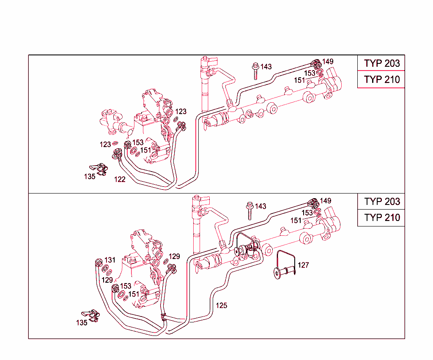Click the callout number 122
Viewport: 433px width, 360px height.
pos(120,180)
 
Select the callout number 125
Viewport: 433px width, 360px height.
pos(222,305)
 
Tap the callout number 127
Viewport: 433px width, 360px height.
pos(303,265)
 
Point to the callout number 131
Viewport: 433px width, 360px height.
pos(110,260)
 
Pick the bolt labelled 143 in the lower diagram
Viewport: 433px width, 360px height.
pos(250,210)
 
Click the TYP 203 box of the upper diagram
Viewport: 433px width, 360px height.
pos(381,63)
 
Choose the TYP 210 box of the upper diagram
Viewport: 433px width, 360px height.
pos(381,79)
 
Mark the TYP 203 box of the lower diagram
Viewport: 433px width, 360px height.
pos(381,202)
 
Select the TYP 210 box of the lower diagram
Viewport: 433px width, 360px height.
pos(381,218)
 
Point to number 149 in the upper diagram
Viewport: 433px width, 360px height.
pos(328,62)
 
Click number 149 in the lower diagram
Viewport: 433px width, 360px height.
pos(326,201)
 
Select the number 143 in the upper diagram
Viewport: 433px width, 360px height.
pos(266,67)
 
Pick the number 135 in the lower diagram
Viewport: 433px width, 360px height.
pos(82,323)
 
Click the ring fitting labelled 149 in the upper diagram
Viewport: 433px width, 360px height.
pos(315,64)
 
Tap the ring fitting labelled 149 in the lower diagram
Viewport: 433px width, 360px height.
pos(314,202)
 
